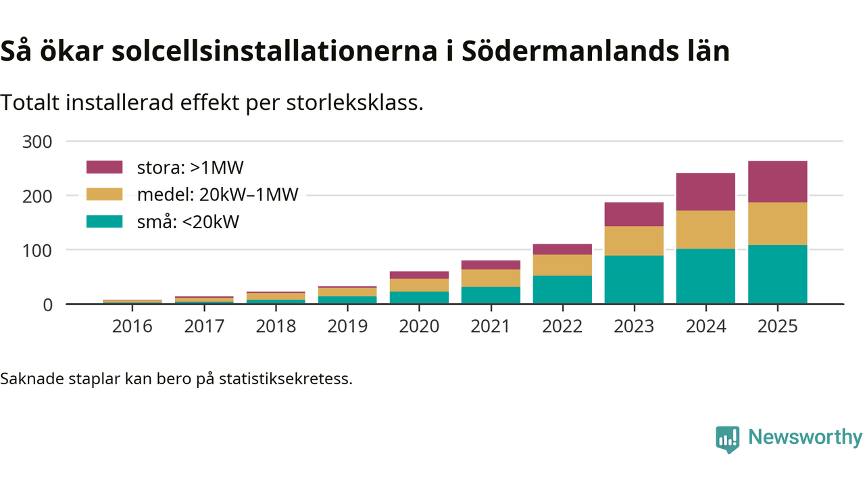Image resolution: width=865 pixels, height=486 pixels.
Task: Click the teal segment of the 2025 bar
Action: (x=777, y=274)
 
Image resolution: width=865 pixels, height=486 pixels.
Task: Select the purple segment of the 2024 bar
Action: (x=706, y=192)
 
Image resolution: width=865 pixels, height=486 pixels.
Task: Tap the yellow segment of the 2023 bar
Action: (x=634, y=241)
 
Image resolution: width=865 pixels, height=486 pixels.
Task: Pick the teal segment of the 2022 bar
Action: (x=562, y=290)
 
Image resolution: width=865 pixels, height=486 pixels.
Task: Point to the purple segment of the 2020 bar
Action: (x=419, y=275)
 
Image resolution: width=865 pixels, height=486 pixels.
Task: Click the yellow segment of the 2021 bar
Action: (x=491, y=278)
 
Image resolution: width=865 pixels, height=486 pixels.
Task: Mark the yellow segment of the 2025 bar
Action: (x=777, y=223)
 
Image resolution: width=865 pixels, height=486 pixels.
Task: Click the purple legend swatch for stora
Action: (x=105, y=167)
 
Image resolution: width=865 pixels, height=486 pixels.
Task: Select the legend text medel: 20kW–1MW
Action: (x=217, y=194)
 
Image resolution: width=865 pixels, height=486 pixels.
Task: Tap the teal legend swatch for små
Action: (x=105, y=221)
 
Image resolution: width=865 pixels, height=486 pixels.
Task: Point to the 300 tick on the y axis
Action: (x=38, y=142)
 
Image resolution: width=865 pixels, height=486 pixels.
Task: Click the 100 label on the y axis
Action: (x=38, y=250)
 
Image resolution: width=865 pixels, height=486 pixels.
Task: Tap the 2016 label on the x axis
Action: (x=132, y=327)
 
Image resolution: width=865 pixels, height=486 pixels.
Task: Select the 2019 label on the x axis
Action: (x=347, y=327)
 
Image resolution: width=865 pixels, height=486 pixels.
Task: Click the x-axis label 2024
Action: (x=706, y=327)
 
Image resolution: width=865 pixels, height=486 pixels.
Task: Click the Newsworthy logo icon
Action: (x=727, y=439)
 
